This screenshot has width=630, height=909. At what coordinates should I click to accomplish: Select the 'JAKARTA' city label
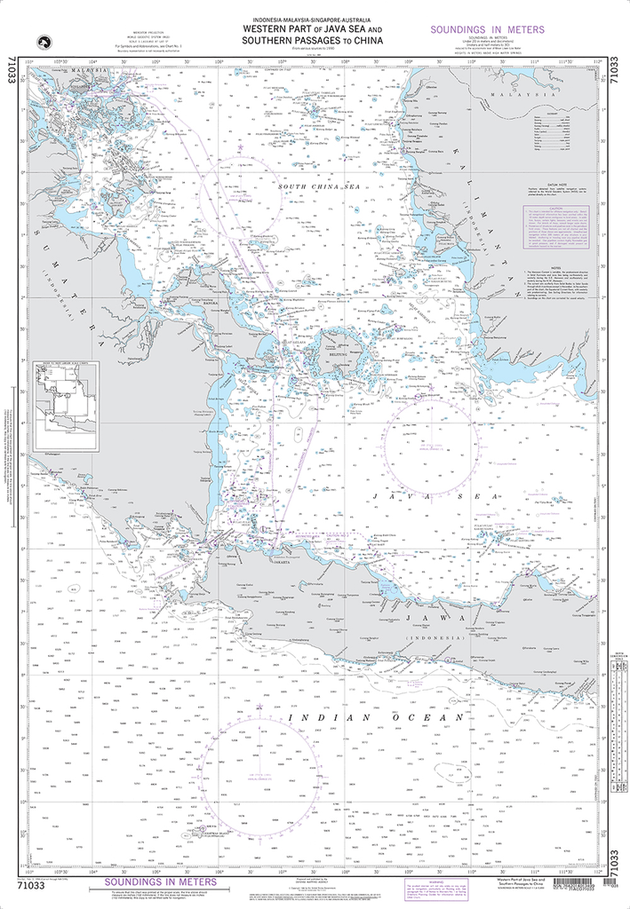pos(283,561)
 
